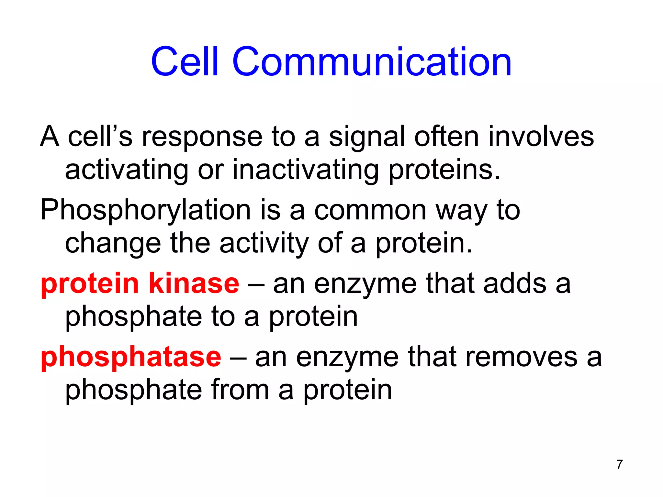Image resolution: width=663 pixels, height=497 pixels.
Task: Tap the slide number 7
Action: pos(620,464)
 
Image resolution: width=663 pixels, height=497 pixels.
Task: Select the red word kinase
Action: pos(194,283)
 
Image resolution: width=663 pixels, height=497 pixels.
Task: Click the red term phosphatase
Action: pos(131,357)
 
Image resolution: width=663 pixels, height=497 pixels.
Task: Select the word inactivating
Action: pos(306,170)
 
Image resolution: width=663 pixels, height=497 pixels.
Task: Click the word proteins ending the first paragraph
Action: pos(444,170)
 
